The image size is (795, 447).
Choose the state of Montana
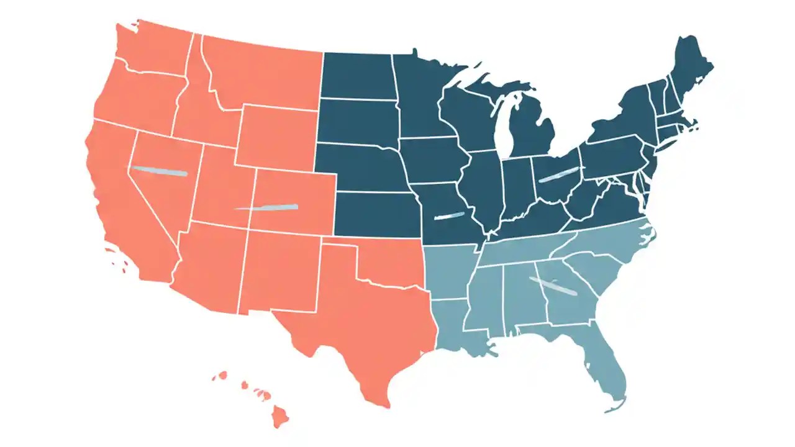tap(261, 74)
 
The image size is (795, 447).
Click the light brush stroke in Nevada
tap(160, 171)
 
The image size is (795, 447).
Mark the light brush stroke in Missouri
tap(449, 216)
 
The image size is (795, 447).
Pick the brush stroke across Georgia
tap(553, 286)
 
